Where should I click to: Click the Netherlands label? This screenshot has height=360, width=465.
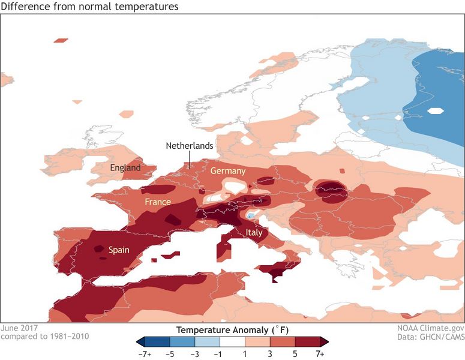pos(190,146)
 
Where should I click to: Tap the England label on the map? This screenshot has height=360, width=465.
pos(125,168)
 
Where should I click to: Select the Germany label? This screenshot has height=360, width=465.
pos(228,171)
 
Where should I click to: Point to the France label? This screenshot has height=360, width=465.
pos(158,202)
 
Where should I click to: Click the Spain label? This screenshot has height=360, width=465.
pos(119,250)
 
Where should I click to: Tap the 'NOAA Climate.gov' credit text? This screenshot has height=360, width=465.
pos(427,328)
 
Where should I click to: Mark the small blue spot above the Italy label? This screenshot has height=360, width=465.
pos(250,215)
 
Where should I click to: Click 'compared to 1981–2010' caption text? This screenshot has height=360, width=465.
pos(45,337)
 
